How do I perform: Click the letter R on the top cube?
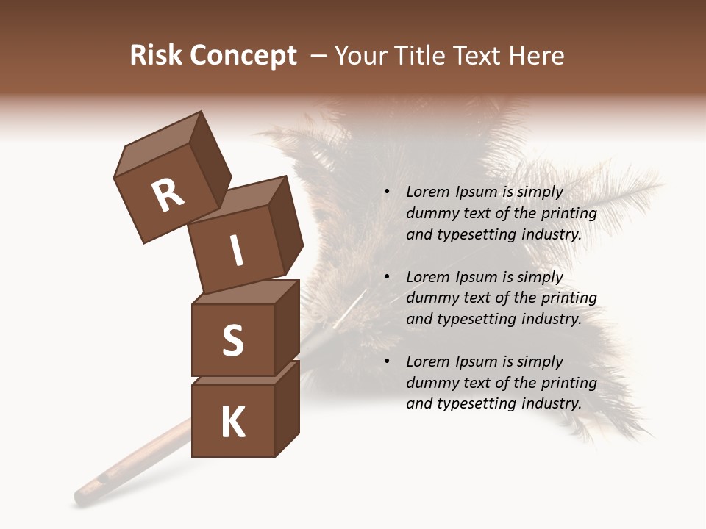(x=168, y=195)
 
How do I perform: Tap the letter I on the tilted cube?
(x=236, y=251)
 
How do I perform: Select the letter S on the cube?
(x=232, y=340)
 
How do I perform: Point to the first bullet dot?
(x=388, y=192)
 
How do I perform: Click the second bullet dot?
(x=388, y=277)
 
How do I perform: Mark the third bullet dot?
(x=388, y=361)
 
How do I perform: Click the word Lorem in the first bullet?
(x=427, y=192)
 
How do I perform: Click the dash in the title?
(x=319, y=56)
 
